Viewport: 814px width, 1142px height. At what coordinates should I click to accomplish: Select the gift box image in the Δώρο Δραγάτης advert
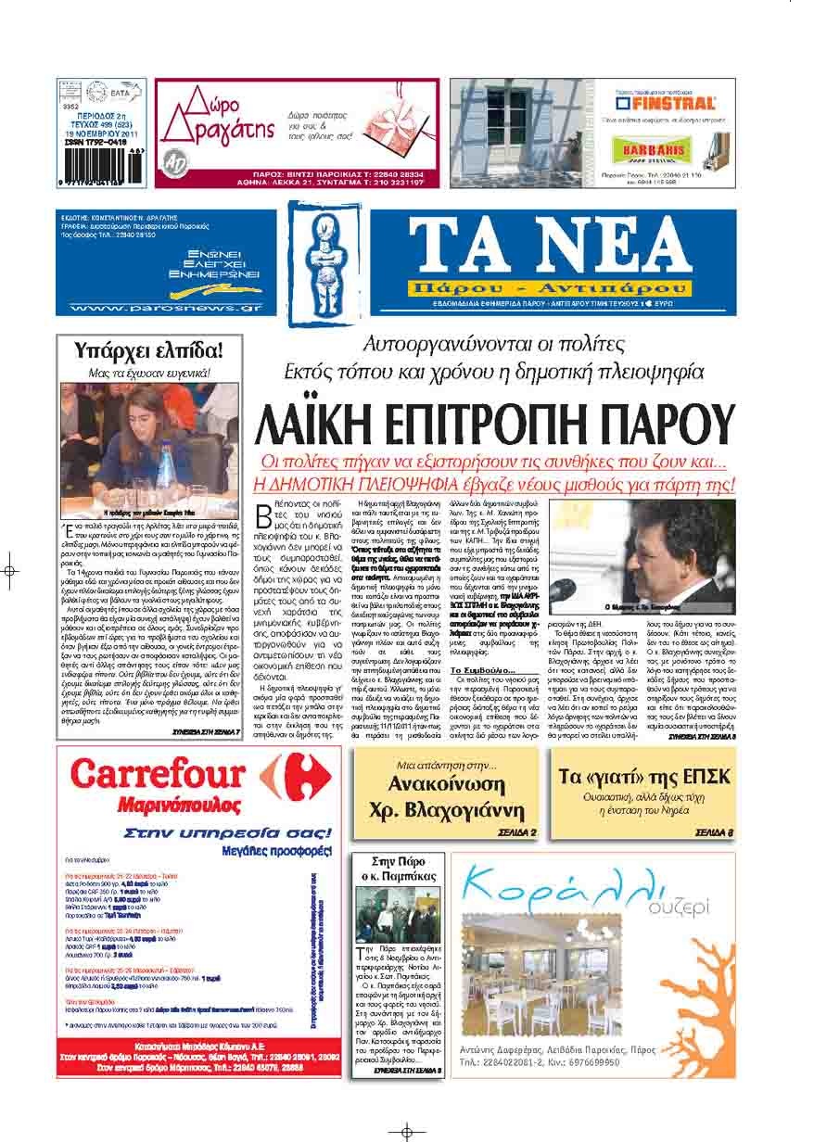click(x=395, y=125)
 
